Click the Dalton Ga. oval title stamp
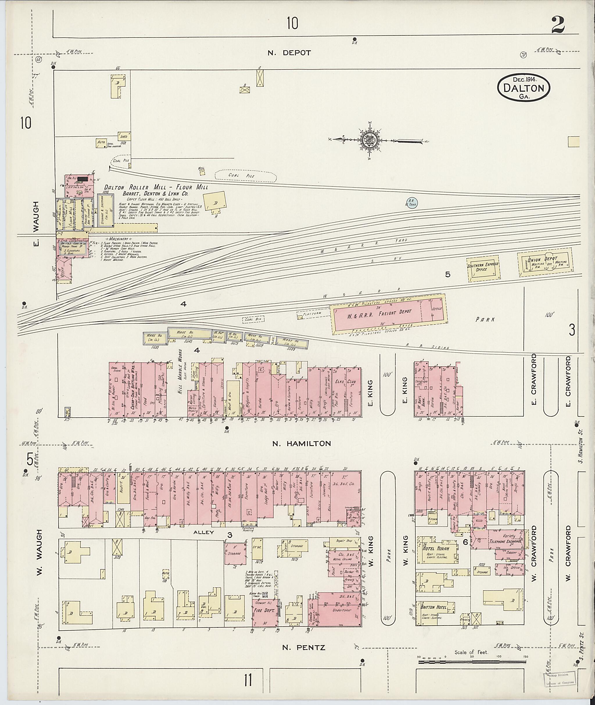click(x=524, y=88)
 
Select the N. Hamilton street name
click(x=302, y=444)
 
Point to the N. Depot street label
click(x=289, y=53)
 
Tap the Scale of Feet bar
click(x=472, y=662)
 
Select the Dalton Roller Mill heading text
click(x=156, y=187)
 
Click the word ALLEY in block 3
click(x=203, y=533)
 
